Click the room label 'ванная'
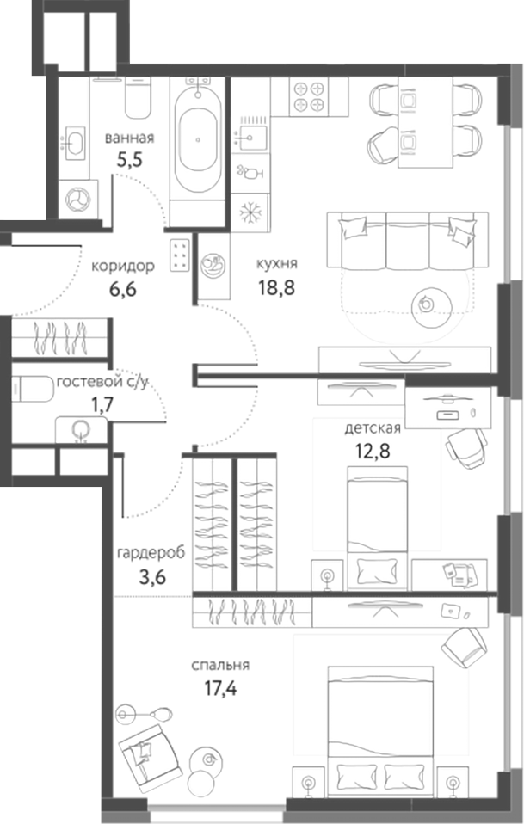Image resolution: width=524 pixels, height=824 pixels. pyautogui.click(x=129, y=138)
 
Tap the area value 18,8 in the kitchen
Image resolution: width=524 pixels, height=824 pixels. pyautogui.click(x=276, y=290)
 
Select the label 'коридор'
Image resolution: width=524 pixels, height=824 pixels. pyautogui.click(x=123, y=266)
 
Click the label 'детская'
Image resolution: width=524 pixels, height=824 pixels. pyautogui.click(x=373, y=428)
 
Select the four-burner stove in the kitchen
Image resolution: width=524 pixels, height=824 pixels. pyautogui.click(x=309, y=95)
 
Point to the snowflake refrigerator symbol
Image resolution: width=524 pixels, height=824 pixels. pyautogui.click(x=252, y=212)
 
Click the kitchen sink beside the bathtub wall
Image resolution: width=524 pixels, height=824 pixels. pyautogui.click(x=252, y=134)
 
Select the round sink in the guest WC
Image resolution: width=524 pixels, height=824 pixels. pyautogui.click(x=83, y=428)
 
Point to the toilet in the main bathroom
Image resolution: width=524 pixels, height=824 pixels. pyautogui.click(x=138, y=97)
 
